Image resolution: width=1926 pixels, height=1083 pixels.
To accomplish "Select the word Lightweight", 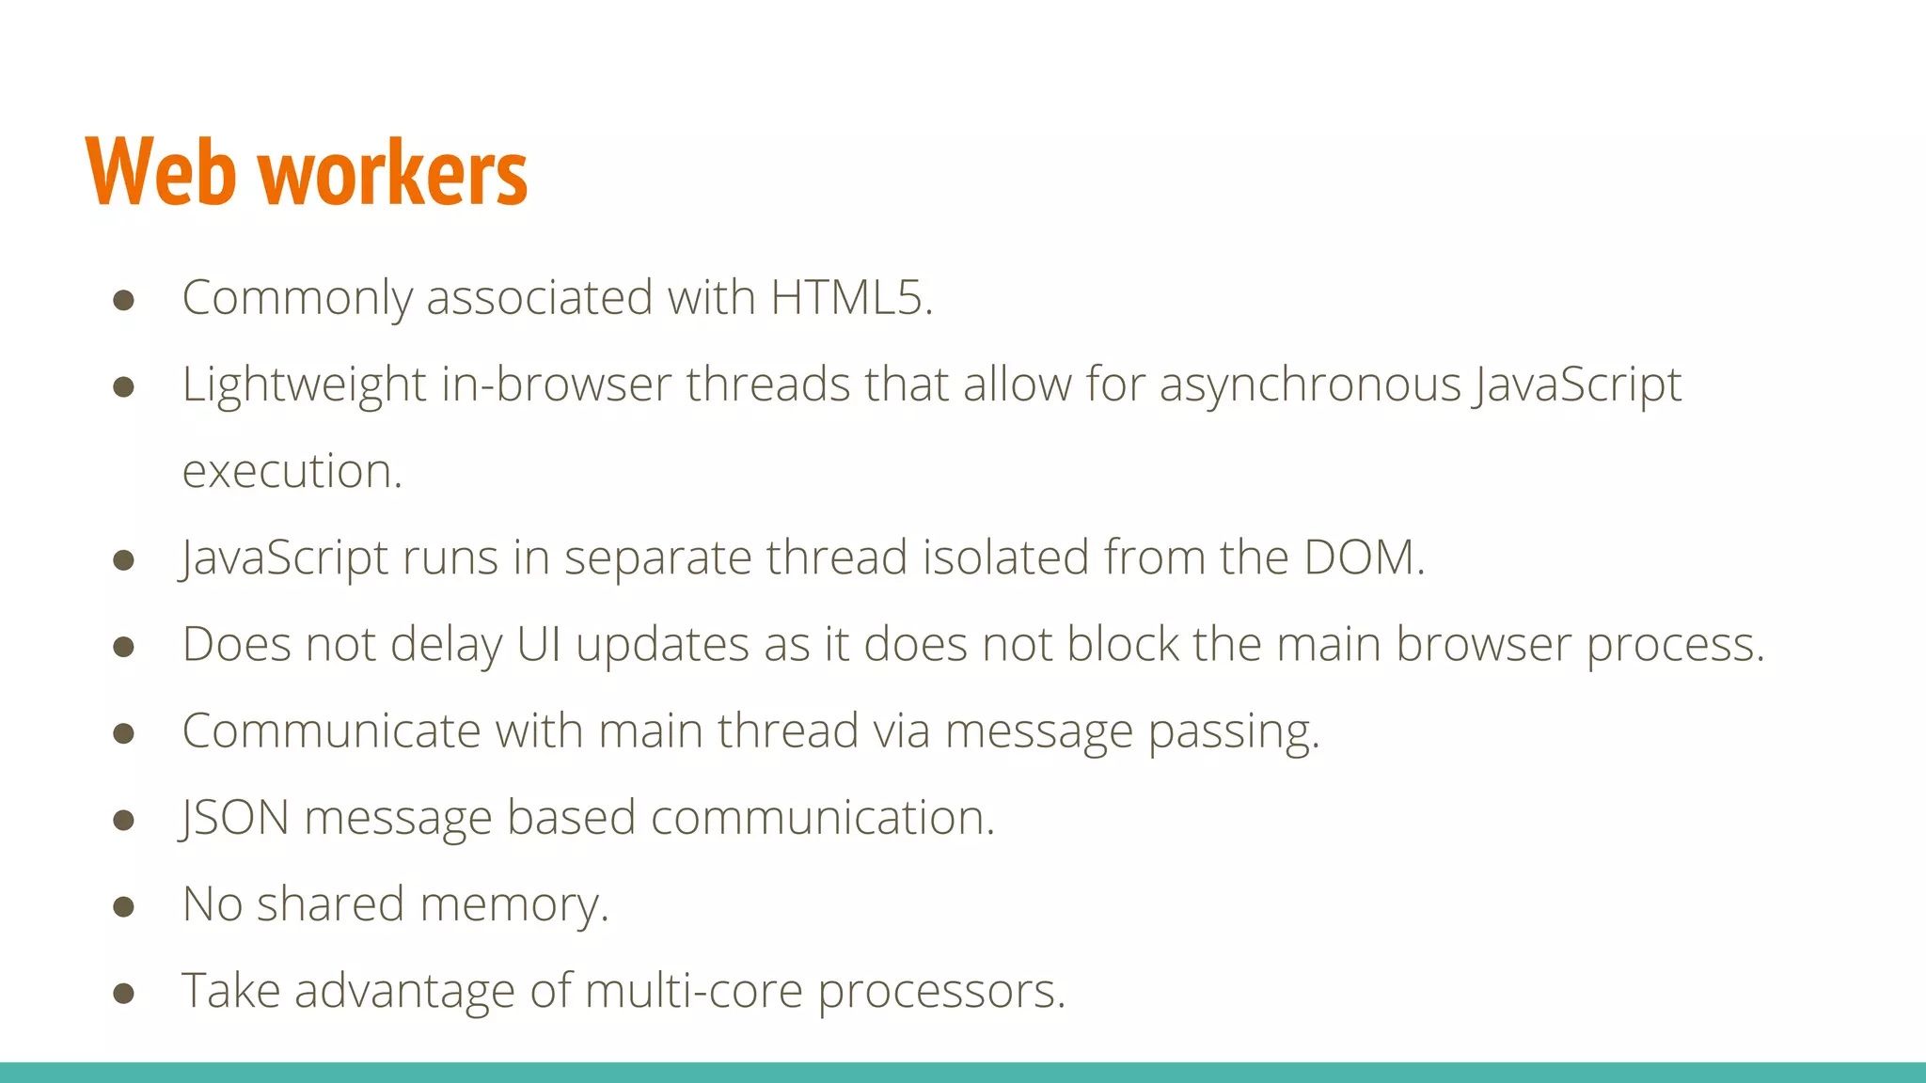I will click(x=304, y=385).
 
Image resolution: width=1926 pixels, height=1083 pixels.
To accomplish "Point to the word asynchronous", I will click(x=1310, y=385).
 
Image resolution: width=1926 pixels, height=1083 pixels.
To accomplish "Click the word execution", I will click(x=292, y=471).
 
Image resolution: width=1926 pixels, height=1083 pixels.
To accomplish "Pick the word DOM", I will click(x=1363, y=557).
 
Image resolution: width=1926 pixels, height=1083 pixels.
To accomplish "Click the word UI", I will click(x=539, y=645).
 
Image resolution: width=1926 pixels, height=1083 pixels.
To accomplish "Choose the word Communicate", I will click(x=331, y=731).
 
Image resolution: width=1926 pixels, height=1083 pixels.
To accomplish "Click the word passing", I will click(x=1233, y=732).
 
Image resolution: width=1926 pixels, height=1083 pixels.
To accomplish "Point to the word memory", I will click(x=513, y=905).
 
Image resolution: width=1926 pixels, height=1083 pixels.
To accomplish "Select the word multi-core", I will click(x=693, y=991).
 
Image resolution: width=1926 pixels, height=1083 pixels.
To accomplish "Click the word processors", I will click(x=940, y=992).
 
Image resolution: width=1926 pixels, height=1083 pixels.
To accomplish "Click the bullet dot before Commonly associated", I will click(x=123, y=300).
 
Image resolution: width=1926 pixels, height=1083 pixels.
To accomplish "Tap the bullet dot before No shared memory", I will click(x=123, y=906).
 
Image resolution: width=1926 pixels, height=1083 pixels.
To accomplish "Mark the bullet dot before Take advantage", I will click(x=123, y=993).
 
